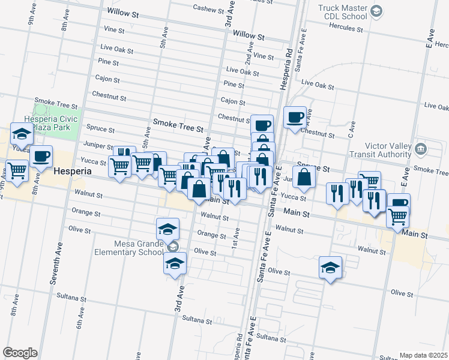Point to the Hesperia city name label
pyautogui.click(x=72, y=171)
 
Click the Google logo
pyautogui.click(x=20, y=353)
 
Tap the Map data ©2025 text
pyautogui.click(x=423, y=355)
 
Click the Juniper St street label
pyautogui.click(x=98, y=146)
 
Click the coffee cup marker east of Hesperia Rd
pyautogui.click(x=295, y=116)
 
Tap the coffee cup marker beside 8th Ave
pyautogui.click(x=41, y=155)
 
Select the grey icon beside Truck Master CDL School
pyautogui.click(x=376, y=11)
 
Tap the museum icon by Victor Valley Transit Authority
pyautogui.click(x=420, y=148)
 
